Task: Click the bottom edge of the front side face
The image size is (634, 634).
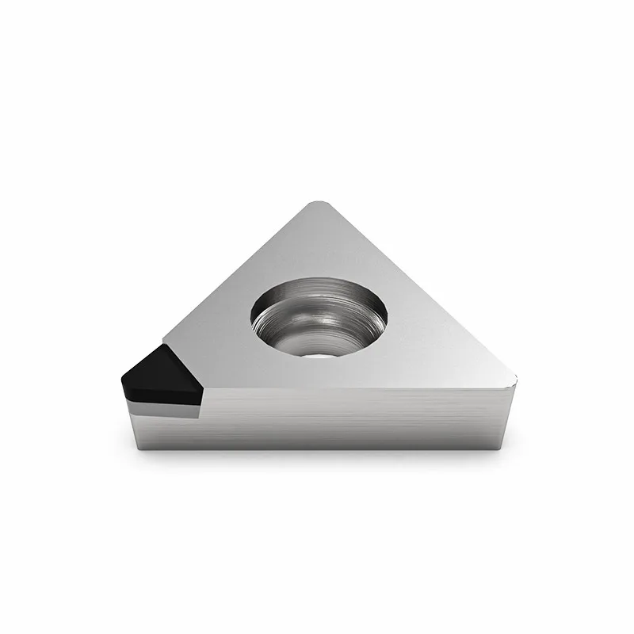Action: point(317,449)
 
